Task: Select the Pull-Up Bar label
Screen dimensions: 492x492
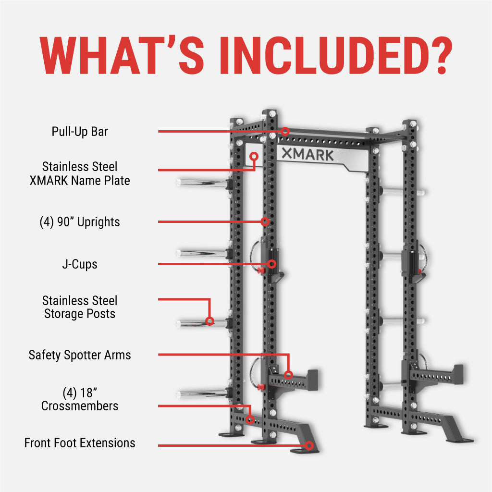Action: pyautogui.click(x=80, y=131)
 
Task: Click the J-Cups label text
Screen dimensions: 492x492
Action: pyautogui.click(x=80, y=264)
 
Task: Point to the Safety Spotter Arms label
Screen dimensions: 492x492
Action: pyautogui.click(x=80, y=355)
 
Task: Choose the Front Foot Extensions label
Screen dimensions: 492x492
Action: pyautogui.click(x=80, y=443)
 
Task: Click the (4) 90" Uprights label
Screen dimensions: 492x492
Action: pyautogui.click(x=80, y=222)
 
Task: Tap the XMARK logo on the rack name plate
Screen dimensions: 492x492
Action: pyautogui.click(x=307, y=155)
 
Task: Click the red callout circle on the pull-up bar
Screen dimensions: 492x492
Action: pyautogui.click(x=285, y=131)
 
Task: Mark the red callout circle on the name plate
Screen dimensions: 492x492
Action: pyautogui.click(x=254, y=157)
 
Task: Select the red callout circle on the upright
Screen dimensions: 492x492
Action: pyautogui.click(x=265, y=221)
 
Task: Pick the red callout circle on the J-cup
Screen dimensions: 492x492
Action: pyautogui.click(x=272, y=264)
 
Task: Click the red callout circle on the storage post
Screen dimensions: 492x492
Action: pyautogui.click(x=209, y=321)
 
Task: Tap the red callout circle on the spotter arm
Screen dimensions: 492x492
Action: pyautogui.click(x=288, y=375)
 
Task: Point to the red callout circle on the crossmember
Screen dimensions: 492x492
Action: pyautogui.click(x=250, y=419)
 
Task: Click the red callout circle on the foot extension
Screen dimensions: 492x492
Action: pyautogui.click(x=309, y=445)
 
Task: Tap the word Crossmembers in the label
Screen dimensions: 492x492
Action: pyautogui.click(x=80, y=406)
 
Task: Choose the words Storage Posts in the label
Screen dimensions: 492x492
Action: pyautogui.click(x=80, y=314)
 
